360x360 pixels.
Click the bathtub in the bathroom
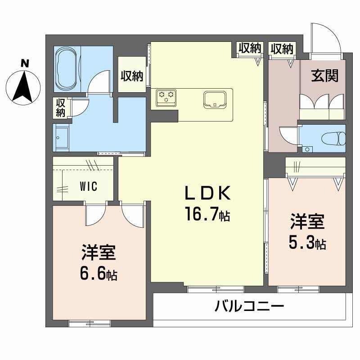67,69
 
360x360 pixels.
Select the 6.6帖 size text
99,273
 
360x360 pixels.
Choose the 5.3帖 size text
307,243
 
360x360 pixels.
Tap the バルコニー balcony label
249,308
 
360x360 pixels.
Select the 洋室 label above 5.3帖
307,223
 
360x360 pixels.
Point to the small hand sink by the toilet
308,149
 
